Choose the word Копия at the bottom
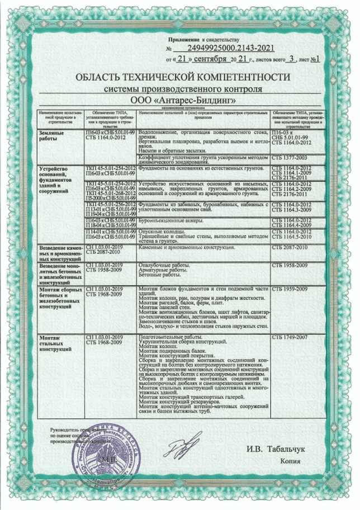tap(291, 461)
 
